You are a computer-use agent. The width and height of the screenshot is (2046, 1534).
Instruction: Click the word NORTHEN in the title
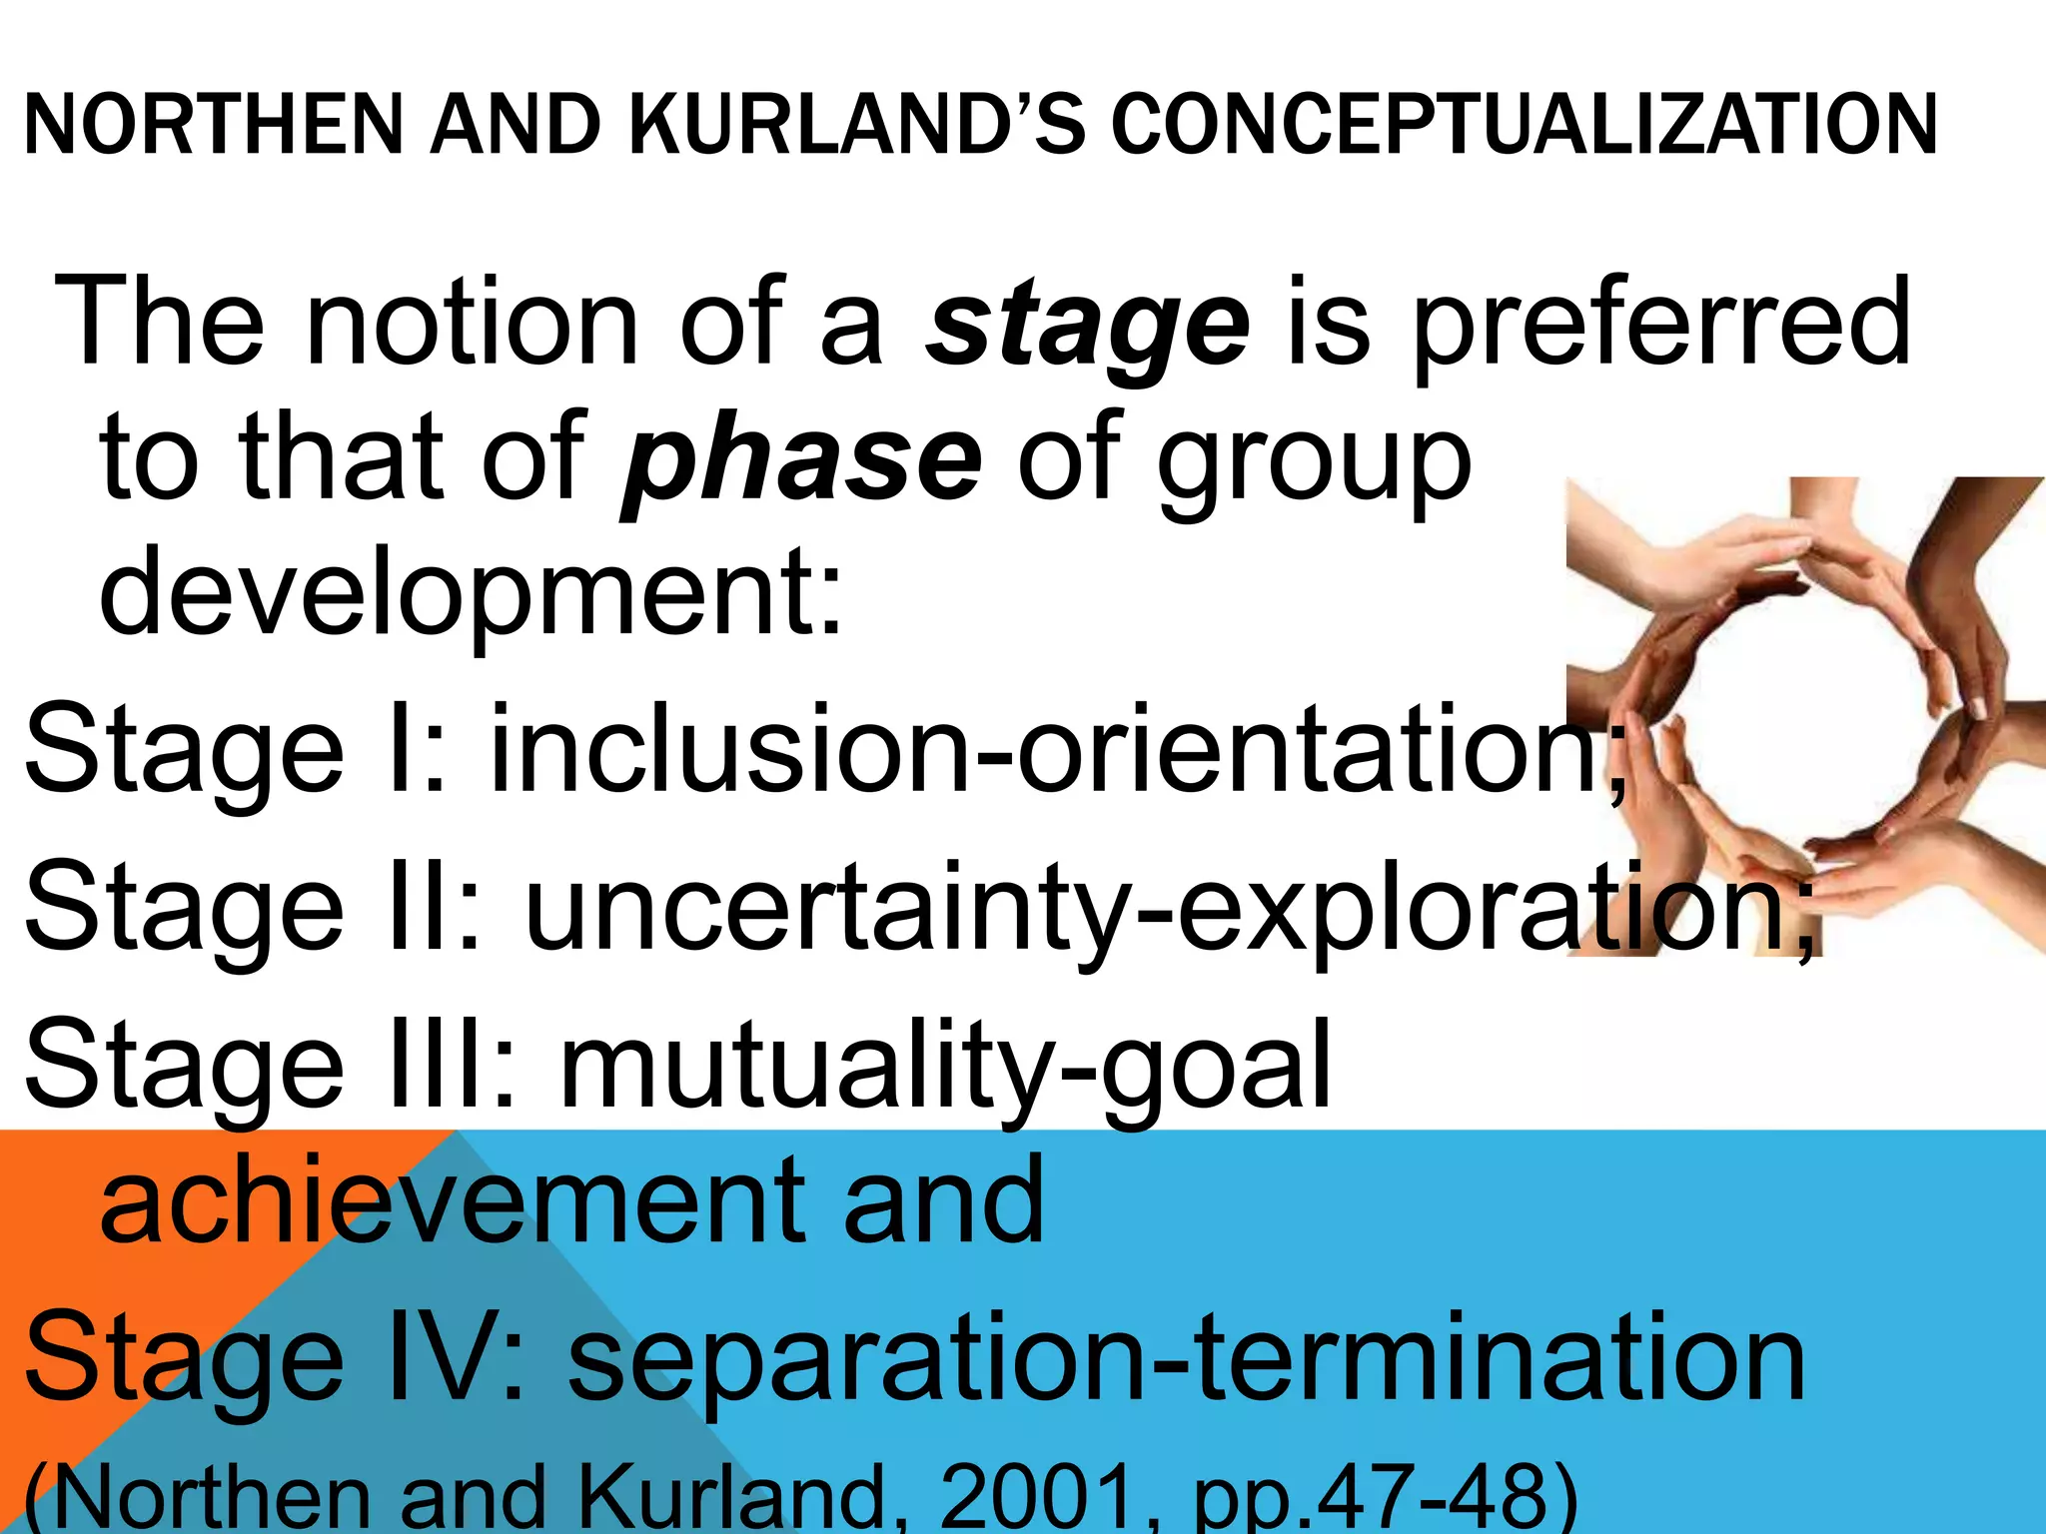[211, 125]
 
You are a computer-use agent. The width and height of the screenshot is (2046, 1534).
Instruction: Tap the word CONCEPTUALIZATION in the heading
[1525, 125]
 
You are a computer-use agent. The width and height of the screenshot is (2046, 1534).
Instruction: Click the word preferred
[1662, 322]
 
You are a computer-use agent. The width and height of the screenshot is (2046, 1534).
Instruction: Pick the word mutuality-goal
[944, 1067]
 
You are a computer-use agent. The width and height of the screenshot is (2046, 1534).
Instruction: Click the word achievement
[450, 1198]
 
